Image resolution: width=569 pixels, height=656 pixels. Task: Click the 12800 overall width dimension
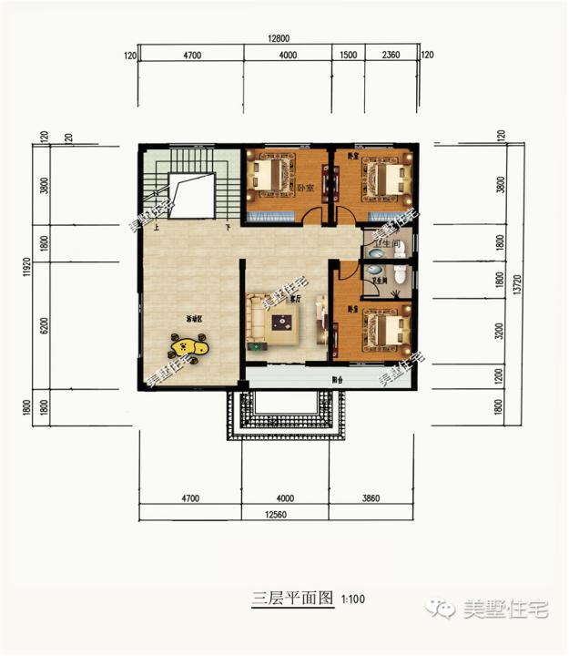[x=279, y=38]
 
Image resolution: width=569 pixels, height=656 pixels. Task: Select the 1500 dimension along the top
[x=347, y=56]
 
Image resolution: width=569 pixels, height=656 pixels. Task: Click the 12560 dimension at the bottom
[x=278, y=517]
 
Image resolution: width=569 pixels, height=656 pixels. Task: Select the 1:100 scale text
[x=352, y=599]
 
